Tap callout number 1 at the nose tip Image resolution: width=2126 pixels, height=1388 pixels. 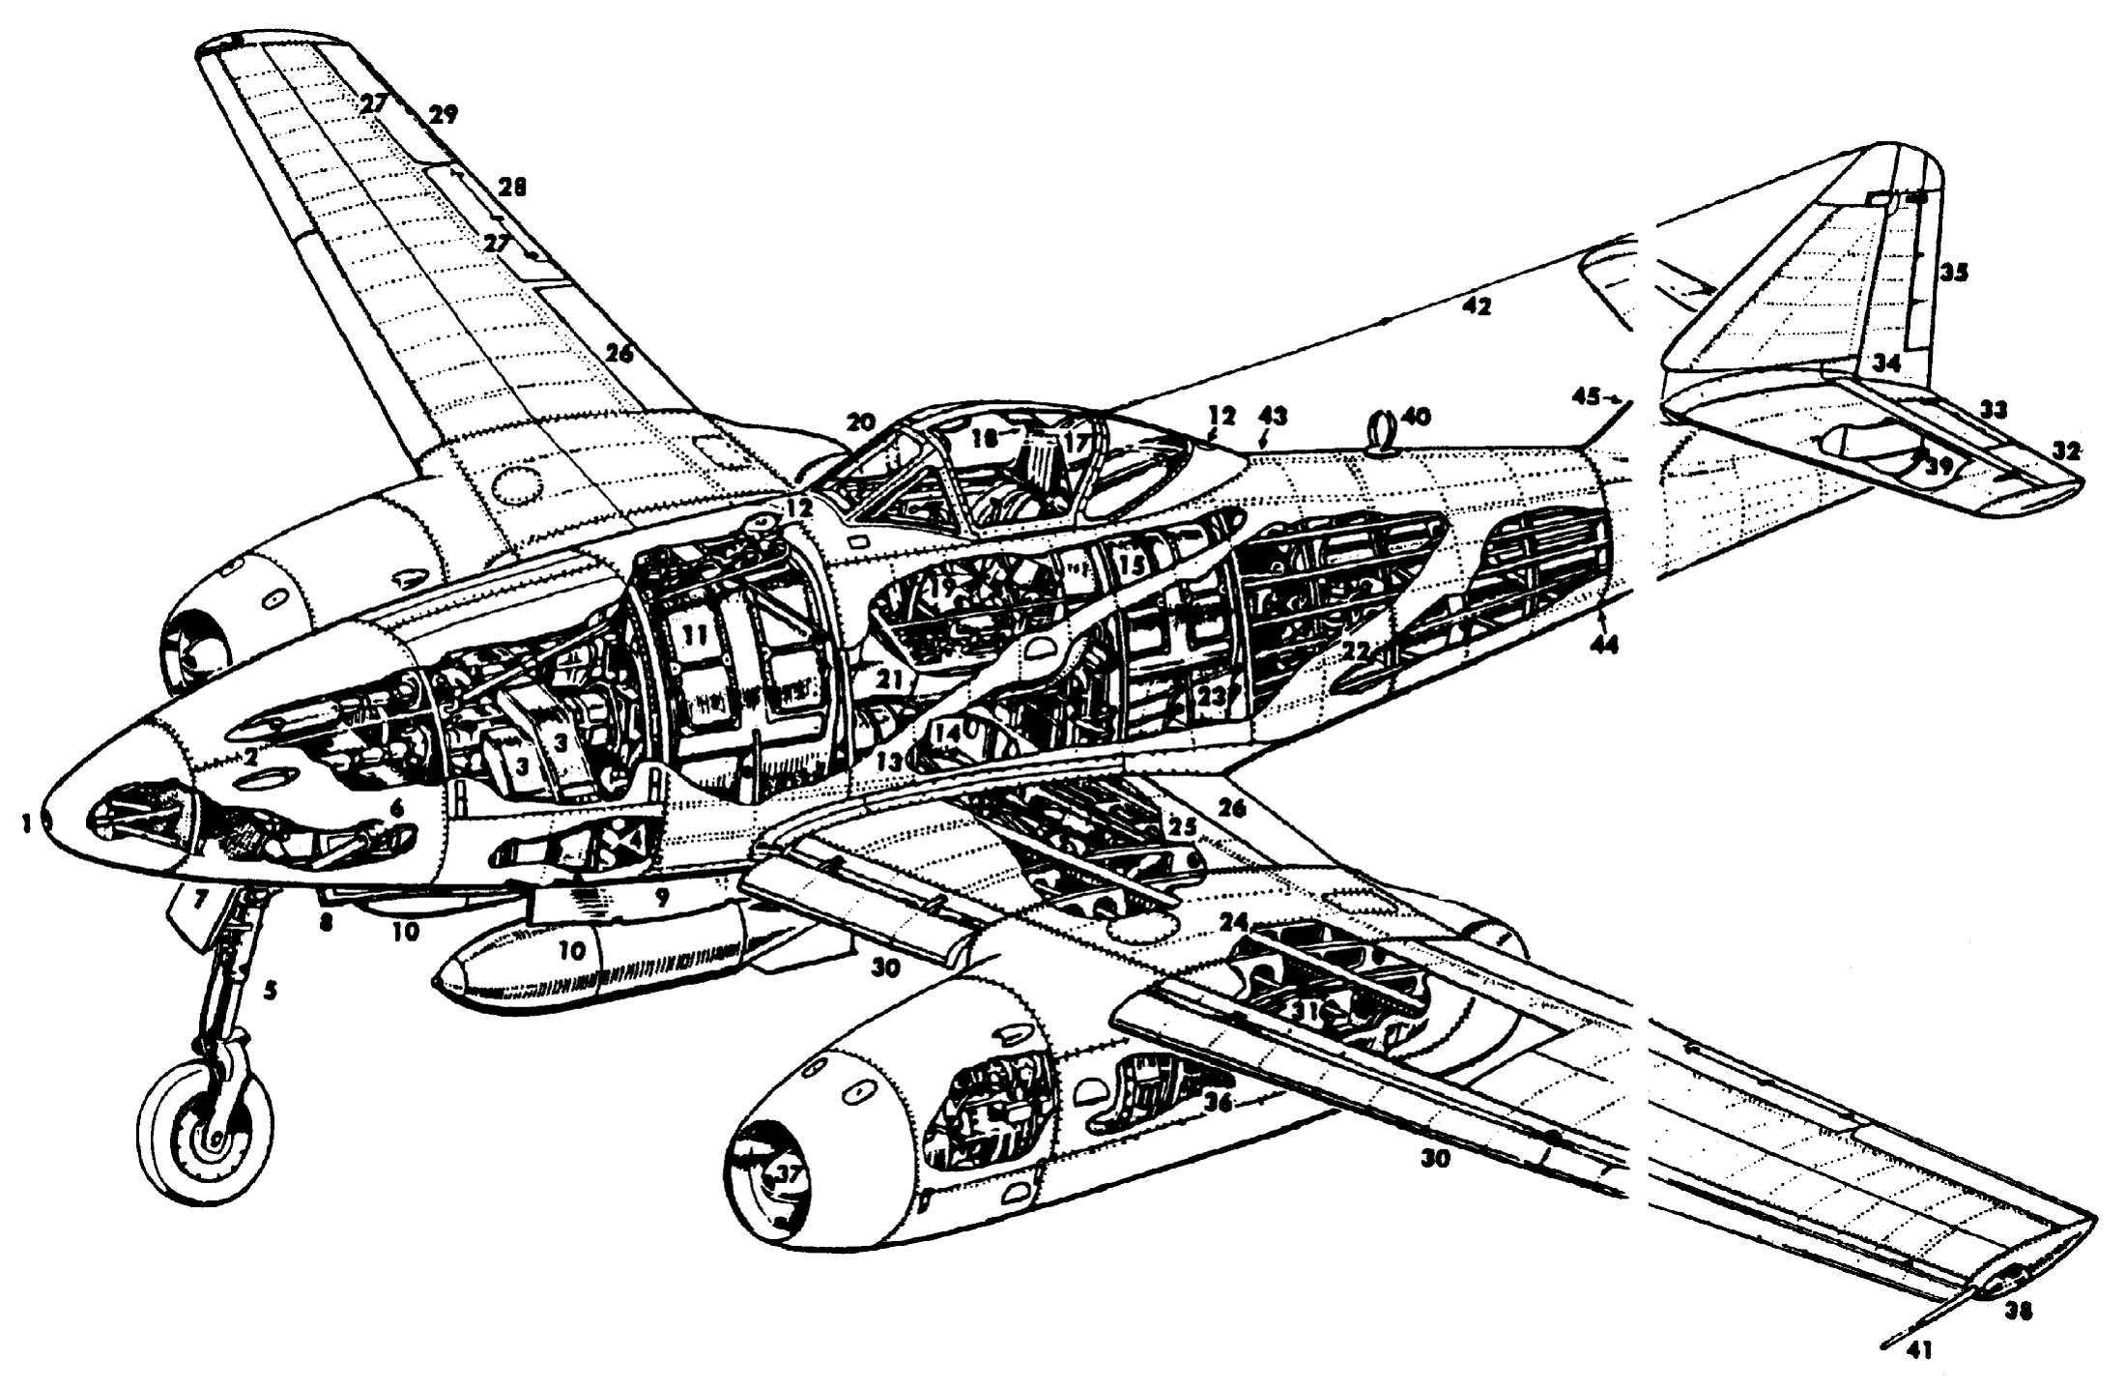coord(27,824)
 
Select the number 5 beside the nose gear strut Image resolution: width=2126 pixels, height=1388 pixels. coord(271,991)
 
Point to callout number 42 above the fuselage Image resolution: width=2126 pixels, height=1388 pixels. coord(1477,308)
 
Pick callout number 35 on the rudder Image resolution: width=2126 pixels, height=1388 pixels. coord(1953,273)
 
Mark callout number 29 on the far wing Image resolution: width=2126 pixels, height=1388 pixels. coord(444,115)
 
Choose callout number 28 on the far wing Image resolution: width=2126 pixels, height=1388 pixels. coord(512,188)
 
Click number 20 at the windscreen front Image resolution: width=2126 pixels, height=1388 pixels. coord(861,422)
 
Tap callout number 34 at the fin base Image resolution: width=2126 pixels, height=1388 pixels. coord(1885,364)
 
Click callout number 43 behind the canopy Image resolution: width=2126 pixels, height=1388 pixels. coord(1274,417)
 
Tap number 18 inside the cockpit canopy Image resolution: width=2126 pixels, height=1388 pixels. coord(984,438)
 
